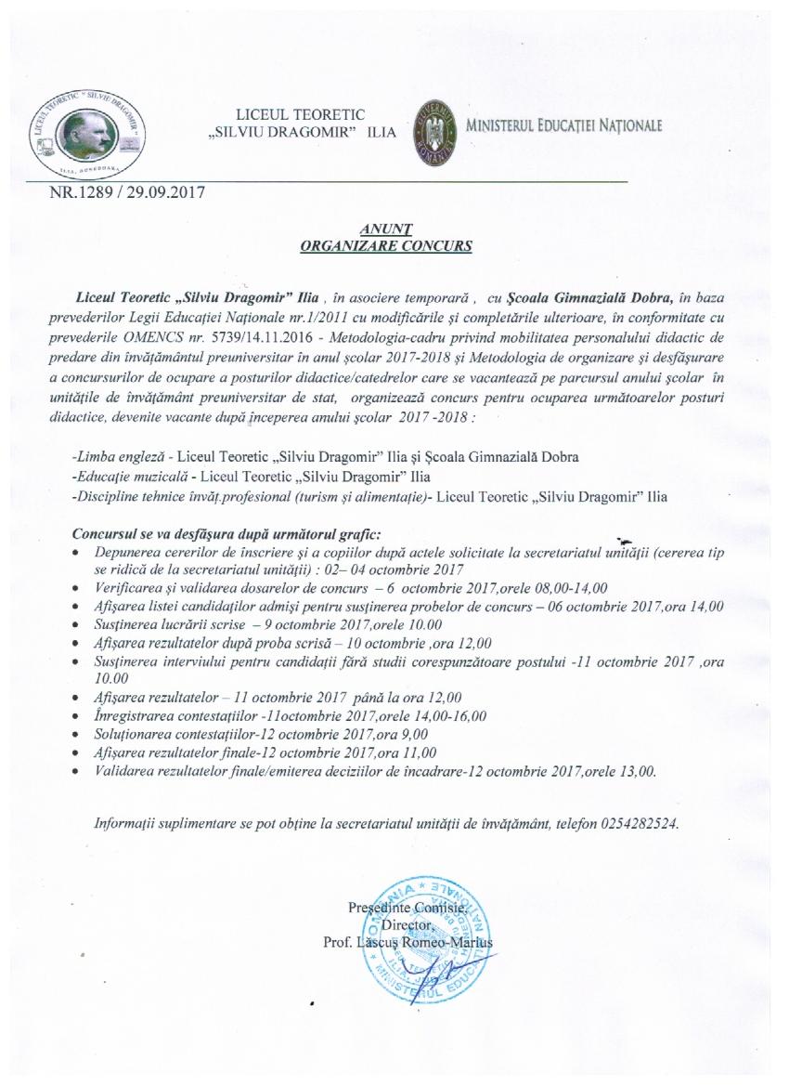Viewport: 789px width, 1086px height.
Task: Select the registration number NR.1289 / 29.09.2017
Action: (126, 194)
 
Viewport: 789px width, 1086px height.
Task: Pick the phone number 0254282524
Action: (640, 824)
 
